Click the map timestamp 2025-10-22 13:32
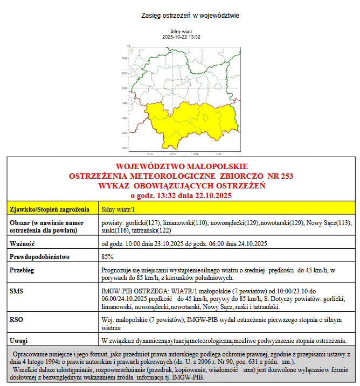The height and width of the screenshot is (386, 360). (182, 37)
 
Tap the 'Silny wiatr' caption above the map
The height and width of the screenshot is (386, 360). (182, 32)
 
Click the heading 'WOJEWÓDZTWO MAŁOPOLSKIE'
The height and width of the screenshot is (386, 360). (182, 166)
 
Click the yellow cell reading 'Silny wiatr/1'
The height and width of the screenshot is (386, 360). (119, 208)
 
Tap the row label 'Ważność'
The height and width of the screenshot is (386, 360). (22, 243)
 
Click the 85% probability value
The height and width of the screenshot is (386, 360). (107, 257)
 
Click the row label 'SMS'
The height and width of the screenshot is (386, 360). (17, 291)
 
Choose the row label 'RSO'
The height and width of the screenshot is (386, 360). (17, 319)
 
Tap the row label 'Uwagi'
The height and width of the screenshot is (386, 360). (19, 340)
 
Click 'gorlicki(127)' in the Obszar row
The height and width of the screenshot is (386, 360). (127, 222)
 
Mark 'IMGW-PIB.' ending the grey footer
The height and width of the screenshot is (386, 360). (188, 378)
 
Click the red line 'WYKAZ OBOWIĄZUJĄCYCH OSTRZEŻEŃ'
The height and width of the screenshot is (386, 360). (182, 186)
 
